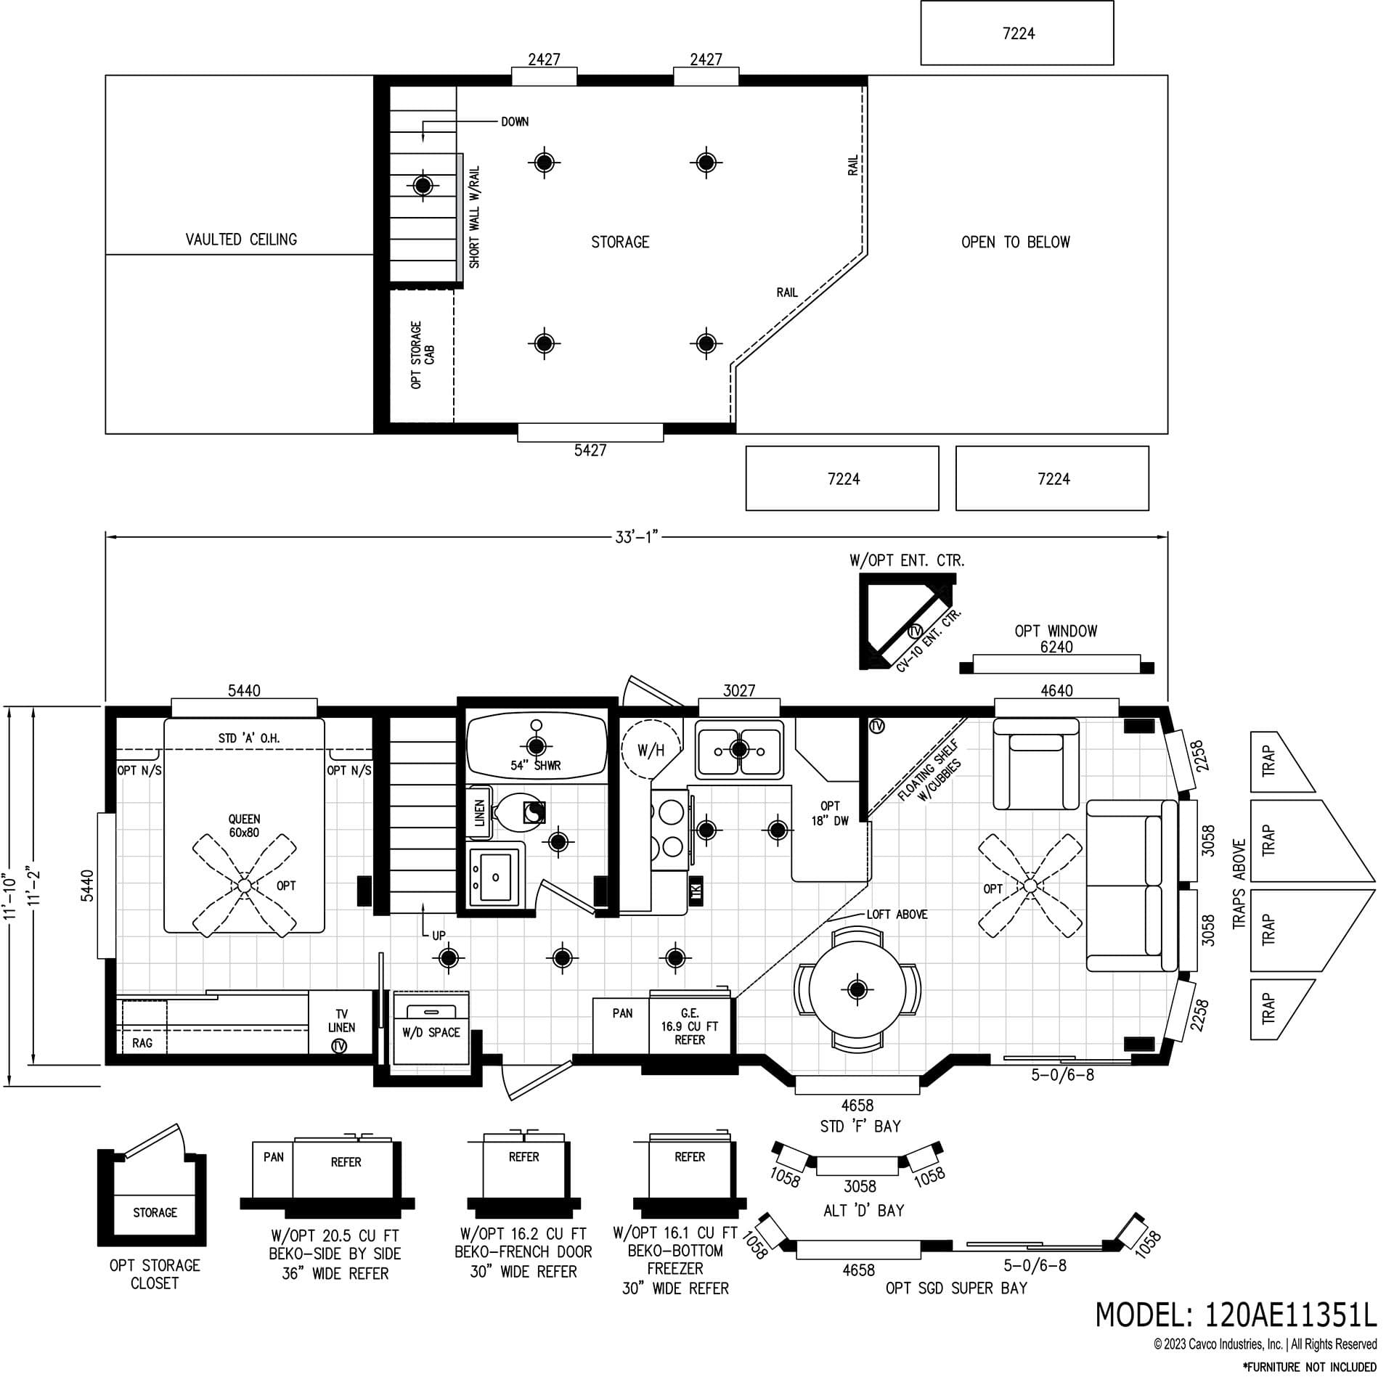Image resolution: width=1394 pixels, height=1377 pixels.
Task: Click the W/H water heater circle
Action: tap(651, 751)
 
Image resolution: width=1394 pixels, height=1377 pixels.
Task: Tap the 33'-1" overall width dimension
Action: tap(636, 538)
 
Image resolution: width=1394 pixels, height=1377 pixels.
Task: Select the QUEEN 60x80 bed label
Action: tap(244, 826)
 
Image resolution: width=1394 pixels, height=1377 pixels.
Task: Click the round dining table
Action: tap(857, 989)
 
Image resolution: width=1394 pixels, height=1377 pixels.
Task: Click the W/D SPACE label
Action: tap(431, 1032)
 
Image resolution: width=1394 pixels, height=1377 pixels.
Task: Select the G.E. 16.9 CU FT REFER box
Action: tap(689, 1026)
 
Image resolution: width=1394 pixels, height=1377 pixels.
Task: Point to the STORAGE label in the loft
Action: tap(620, 242)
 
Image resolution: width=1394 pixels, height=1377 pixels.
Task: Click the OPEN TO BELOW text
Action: tap(1015, 242)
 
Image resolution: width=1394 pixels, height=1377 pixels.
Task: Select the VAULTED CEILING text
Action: tap(241, 240)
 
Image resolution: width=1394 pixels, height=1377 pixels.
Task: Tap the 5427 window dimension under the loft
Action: tap(590, 450)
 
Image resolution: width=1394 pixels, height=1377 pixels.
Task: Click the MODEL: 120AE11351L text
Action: tap(1235, 1314)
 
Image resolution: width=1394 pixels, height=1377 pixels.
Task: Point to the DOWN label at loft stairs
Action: tap(514, 122)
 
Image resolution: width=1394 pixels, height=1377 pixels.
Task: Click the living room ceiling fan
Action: tap(1030, 885)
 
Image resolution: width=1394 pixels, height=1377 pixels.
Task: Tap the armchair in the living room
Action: tap(1036, 764)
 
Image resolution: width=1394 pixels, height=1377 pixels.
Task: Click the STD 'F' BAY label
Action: tap(860, 1127)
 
